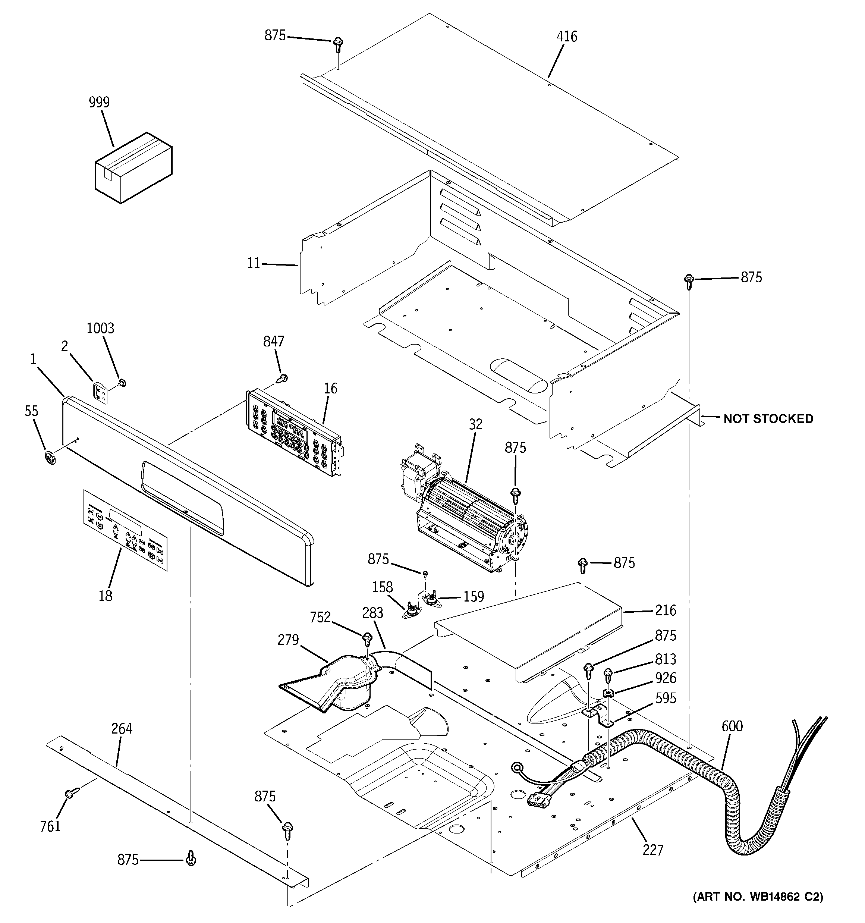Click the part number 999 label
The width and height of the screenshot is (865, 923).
point(99,103)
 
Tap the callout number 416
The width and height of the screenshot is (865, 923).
point(567,37)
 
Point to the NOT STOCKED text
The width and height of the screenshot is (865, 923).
point(768,419)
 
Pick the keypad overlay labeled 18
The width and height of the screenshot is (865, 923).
point(125,529)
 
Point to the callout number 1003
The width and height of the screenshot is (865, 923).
point(100,329)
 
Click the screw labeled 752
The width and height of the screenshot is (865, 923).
point(367,639)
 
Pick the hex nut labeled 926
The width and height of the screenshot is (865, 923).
point(608,693)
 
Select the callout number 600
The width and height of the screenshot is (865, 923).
point(732,726)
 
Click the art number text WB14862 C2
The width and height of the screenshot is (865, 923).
point(758,910)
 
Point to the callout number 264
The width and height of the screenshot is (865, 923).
point(122,729)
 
